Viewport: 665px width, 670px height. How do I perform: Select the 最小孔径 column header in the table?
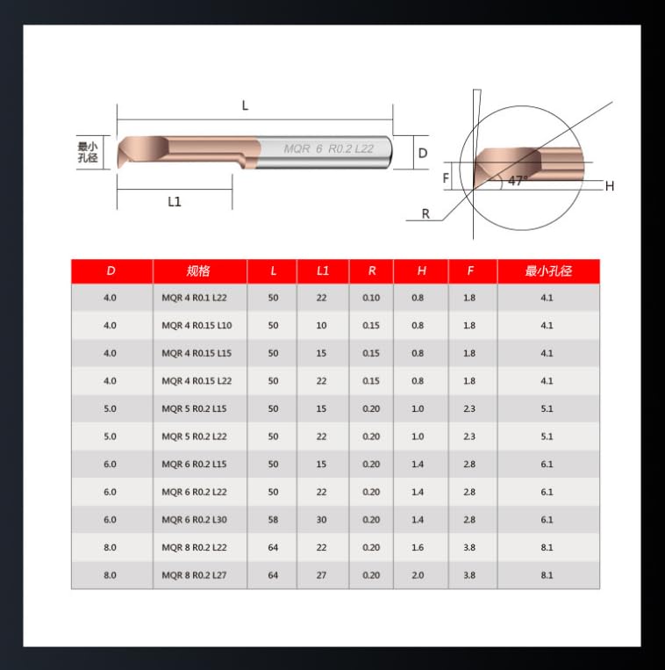548,271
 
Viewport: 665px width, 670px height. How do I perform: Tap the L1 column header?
323,271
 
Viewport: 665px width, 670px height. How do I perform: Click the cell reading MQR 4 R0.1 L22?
197,298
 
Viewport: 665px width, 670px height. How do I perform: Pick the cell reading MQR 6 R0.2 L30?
197,520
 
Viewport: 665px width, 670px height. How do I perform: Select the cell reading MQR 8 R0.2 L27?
197,575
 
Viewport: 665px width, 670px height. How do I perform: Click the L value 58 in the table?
273,520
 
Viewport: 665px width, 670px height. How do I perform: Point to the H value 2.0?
418,575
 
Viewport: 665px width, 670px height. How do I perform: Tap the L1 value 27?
322,575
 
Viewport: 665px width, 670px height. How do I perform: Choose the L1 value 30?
322,520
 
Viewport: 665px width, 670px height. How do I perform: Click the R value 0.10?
371,298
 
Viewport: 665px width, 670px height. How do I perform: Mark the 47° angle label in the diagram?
518,181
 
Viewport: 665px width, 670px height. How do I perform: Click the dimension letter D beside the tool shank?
422,153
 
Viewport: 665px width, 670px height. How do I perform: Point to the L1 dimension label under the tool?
175,201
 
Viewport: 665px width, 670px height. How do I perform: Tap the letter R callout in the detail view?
425,213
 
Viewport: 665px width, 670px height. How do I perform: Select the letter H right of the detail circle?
609,185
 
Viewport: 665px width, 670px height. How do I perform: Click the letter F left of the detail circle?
446,177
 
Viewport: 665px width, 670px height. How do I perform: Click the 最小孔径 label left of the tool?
88,152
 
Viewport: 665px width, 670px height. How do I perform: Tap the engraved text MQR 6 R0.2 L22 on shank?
328,149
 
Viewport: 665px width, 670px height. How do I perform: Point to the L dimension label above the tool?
246,105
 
